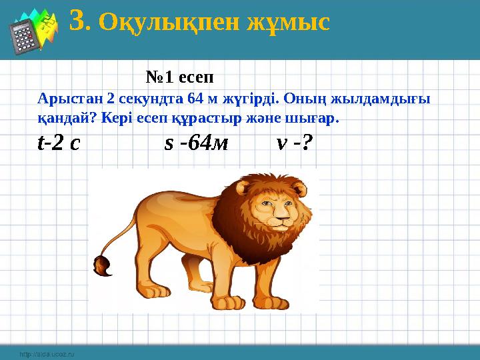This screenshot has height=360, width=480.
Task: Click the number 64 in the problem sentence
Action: coord(197,99)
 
